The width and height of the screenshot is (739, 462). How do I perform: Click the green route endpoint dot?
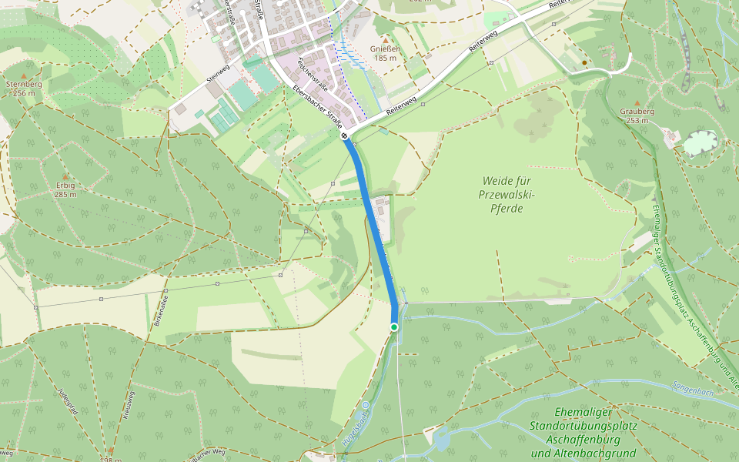point(394,327)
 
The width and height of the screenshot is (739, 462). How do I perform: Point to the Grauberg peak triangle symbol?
point(637,102)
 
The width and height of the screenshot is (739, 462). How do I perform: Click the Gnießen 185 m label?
point(386,52)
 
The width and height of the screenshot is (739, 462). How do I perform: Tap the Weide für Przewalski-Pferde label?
point(507,194)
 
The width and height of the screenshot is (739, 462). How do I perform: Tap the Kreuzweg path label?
point(128,403)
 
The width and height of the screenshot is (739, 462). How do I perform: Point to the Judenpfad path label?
point(67,402)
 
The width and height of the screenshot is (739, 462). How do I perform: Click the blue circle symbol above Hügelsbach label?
point(366,405)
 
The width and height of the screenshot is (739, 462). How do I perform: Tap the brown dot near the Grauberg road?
point(584,62)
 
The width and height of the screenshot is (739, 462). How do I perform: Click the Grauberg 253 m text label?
point(637,115)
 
